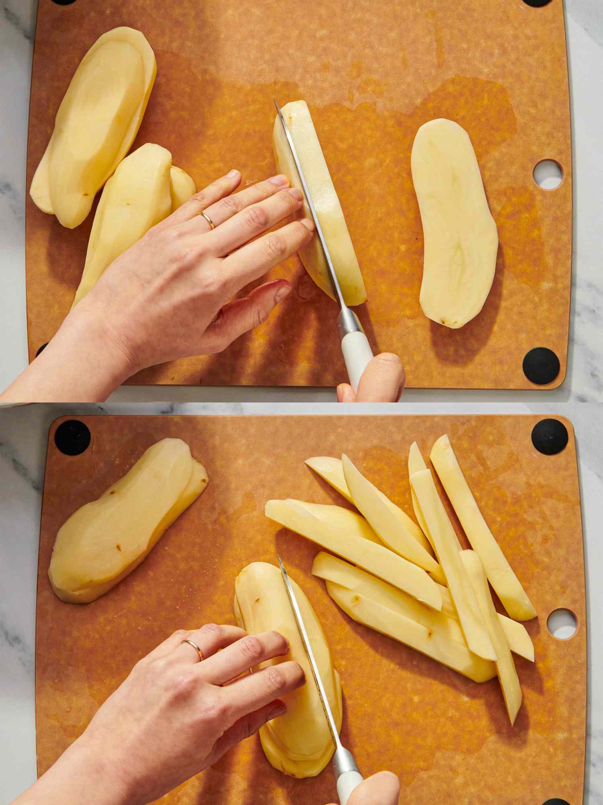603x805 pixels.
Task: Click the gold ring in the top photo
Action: pyautogui.click(x=208, y=220)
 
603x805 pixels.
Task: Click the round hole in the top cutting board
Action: pyautogui.click(x=548, y=174)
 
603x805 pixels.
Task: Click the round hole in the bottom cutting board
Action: pyautogui.click(x=562, y=623)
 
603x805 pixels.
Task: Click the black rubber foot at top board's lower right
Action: pyautogui.click(x=541, y=365)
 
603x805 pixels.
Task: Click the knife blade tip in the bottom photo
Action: pyautogui.click(x=278, y=556)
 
